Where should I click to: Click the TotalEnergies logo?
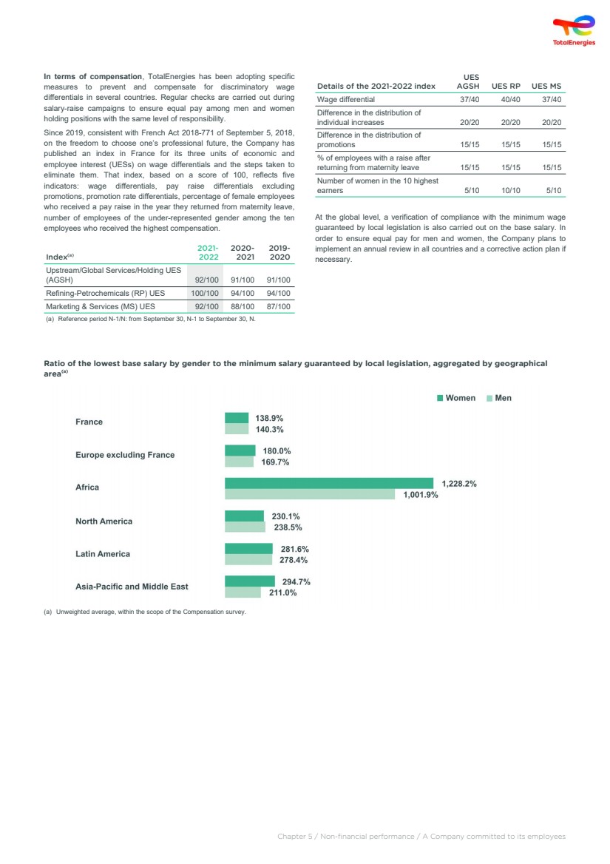(574, 31)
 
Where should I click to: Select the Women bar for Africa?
(328, 484)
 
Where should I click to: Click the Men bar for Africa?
(310, 495)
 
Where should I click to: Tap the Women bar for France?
(237, 418)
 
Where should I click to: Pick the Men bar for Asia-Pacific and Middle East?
(243, 593)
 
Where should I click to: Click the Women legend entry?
(456, 398)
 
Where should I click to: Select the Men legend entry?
(499, 398)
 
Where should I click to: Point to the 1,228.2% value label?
(458, 484)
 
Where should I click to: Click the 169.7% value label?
(275, 462)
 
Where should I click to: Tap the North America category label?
(104, 522)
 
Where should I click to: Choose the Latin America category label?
(103, 554)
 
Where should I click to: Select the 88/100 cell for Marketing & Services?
(243, 306)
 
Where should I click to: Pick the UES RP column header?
(506, 86)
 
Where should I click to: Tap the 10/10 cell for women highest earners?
(510, 191)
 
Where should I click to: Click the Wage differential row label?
(346, 99)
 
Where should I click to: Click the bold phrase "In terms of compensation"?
(93, 76)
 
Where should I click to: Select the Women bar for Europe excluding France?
(240, 450)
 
